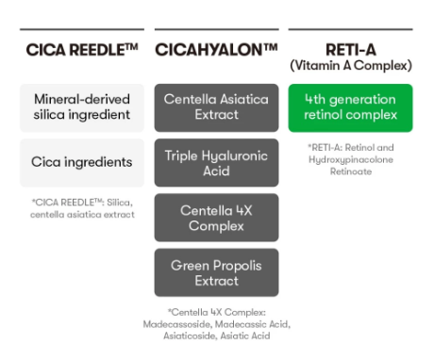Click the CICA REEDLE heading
pyautogui.click(x=82, y=50)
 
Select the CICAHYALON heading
pyautogui.click(x=216, y=50)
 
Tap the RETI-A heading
pyautogui.click(x=351, y=50)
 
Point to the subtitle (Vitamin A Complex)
pyautogui.click(x=351, y=66)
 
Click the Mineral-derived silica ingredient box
pyautogui.click(x=82, y=107)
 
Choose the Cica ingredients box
pyautogui.click(x=82, y=163)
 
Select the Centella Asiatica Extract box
pyautogui.click(x=216, y=107)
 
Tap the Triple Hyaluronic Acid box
pyautogui.click(x=216, y=163)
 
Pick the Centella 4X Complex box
pyautogui.click(x=216, y=218)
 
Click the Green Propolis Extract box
pyautogui.click(x=216, y=272)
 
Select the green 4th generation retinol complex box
pyautogui.click(x=350, y=107)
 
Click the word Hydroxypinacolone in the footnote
pyautogui.click(x=351, y=160)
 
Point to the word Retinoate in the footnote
pyautogui.click(x=351, y=172)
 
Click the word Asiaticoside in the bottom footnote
pyautogui.click(x=190, y=336)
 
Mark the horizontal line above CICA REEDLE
pyautogui.click(x=82, y=29)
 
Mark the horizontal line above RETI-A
pyautogui.click(x=350, y=29)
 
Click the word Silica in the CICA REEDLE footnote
pyautogui.click(x=120, y=203)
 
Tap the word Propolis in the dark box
pyautogui.click(x=239, y=266)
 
